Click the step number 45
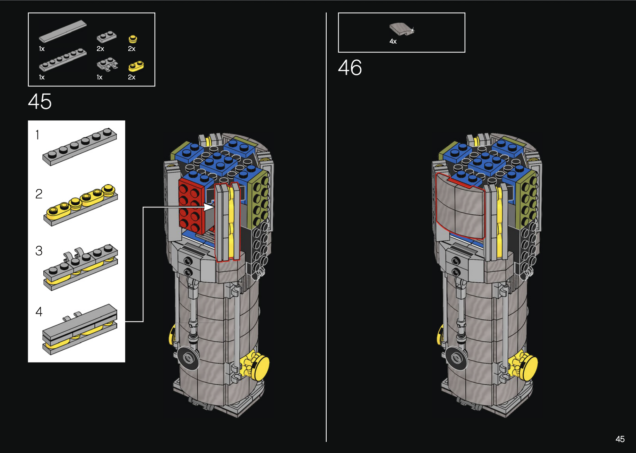click(x=40, y=102)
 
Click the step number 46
click(x=350, y=67)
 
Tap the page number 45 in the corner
click(x=620, y=439)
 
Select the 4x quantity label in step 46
click(x=393, y=41)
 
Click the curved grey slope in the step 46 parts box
click(x=402, y=29)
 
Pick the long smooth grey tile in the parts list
click(x=62, y=31)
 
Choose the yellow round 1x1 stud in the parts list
click(x=133, y=39)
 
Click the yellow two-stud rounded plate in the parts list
click(x=136, y=66)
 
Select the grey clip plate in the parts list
click(x=107, y=65)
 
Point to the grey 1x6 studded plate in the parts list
click(x=62, y=60)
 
